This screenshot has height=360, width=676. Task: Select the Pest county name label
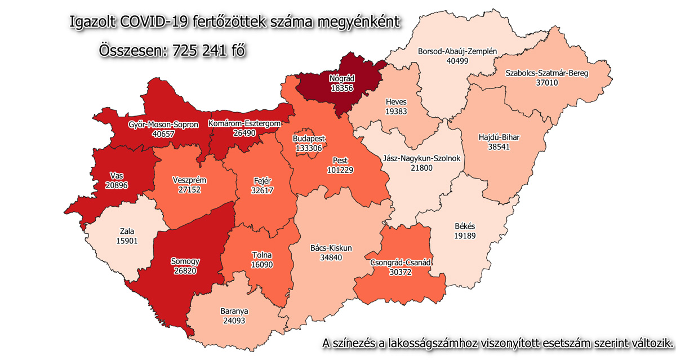(x=340, y=160)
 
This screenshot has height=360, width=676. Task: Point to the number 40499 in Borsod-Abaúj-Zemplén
(x=457, y=61)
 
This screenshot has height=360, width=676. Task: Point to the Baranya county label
(x=234, y=310)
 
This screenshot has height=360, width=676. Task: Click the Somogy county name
(x=185, y=261)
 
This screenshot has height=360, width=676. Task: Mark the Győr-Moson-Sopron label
(x=163, y=125)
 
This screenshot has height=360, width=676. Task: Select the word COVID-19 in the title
(x=155, y=22)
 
